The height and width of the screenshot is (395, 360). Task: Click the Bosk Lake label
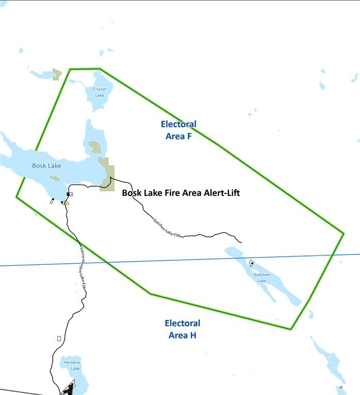(46, 166)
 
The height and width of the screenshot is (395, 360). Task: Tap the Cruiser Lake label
(100, 92)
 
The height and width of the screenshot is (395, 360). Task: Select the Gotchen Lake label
(262, 278)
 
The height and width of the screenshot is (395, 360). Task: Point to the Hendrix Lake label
(72, 366)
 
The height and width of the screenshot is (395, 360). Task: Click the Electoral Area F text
(178, 130)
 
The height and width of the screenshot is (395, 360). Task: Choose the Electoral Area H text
(182, 329)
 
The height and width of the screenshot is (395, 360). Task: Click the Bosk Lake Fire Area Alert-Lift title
(181, 193)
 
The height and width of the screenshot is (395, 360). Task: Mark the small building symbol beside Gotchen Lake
(252, 263)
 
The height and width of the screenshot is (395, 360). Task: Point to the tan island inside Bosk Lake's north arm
(95, 147)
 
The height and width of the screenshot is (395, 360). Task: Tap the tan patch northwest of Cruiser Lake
(57, 74)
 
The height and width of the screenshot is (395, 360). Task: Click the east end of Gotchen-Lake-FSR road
(241, 242)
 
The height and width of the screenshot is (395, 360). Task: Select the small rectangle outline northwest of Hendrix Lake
(59, 339)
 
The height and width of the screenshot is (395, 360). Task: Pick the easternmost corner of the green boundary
(343, 234)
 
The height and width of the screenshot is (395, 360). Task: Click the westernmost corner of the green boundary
(17, 197)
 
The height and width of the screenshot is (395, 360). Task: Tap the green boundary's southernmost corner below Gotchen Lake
(291, 329)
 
